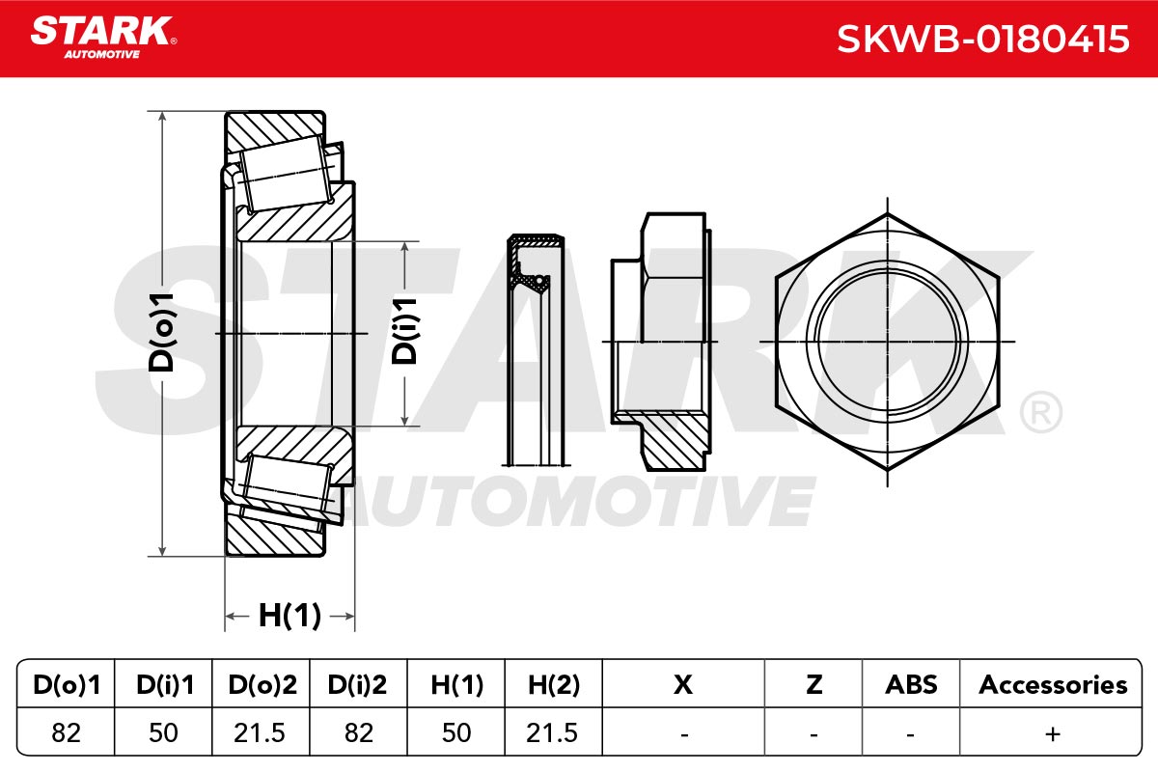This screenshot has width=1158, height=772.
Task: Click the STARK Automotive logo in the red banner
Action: (x=103, y=38)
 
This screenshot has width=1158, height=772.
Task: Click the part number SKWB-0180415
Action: (x=982, y=40)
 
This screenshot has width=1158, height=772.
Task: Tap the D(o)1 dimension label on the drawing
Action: (x=161, y=333)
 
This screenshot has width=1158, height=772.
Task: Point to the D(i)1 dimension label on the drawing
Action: (x=403, y=331)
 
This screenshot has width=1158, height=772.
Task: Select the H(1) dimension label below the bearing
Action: (x=289, y=616)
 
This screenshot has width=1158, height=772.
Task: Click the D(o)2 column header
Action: (x=262, y=684)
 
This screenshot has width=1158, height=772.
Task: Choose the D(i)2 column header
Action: (x=357, y=684)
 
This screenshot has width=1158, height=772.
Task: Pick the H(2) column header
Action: (x=554, y=684)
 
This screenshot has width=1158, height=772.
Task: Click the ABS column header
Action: (x=911, y=684)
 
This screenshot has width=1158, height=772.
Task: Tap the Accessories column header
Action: (x=1053, y=684)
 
